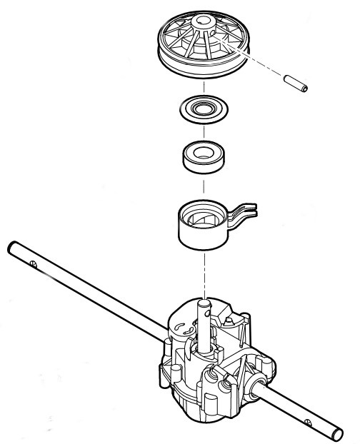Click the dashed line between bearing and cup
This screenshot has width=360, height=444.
(203, 186)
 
